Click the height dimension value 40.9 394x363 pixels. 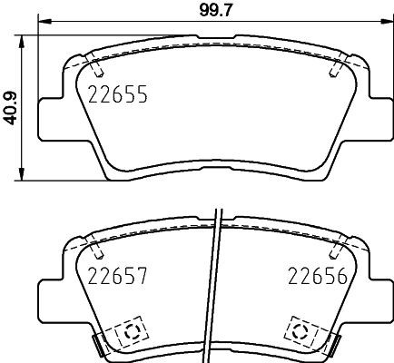pyautogui.click(x=10, y=106)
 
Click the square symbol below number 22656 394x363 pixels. pyautogui.click(x=300, y=330)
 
